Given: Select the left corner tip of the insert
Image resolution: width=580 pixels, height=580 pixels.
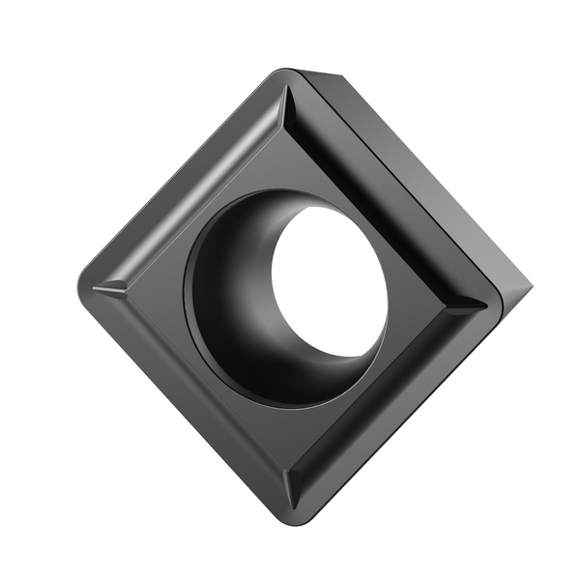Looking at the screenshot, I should (81, 287).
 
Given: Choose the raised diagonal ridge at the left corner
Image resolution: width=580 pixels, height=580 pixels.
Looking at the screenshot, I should (111, 287).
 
